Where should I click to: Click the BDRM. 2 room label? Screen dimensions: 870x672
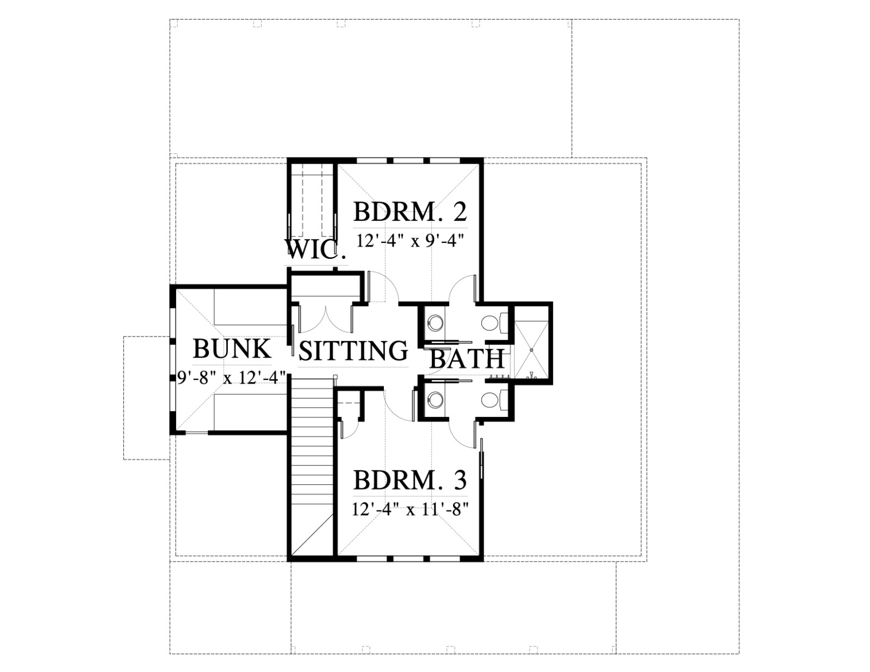click(410, 212)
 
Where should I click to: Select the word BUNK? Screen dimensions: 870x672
click(232, 349)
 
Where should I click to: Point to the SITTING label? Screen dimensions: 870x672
click(353, 351)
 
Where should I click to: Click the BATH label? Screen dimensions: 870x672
click(467, 359)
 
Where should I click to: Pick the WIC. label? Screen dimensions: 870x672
click(316, 250)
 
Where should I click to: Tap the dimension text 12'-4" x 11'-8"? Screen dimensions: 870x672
click(410, 510)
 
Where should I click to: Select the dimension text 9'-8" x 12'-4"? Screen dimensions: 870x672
click(232, 377)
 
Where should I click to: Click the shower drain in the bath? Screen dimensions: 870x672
click(531, 350)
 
